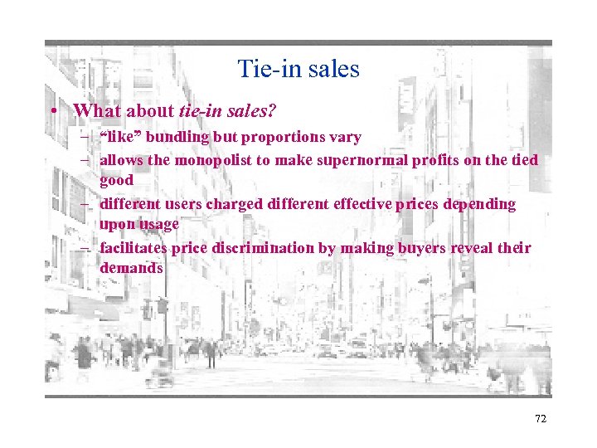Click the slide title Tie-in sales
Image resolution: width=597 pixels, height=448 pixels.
coord(298,68)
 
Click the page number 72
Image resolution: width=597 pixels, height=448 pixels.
coord(541,419)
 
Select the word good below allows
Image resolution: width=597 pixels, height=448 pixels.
coord(117,179)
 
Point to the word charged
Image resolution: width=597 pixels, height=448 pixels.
coord(245,203)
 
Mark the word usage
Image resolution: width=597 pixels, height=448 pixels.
coord(160,224)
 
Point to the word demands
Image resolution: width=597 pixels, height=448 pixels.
coord(132,268)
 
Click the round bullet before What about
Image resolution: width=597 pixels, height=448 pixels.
coord(52,111)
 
